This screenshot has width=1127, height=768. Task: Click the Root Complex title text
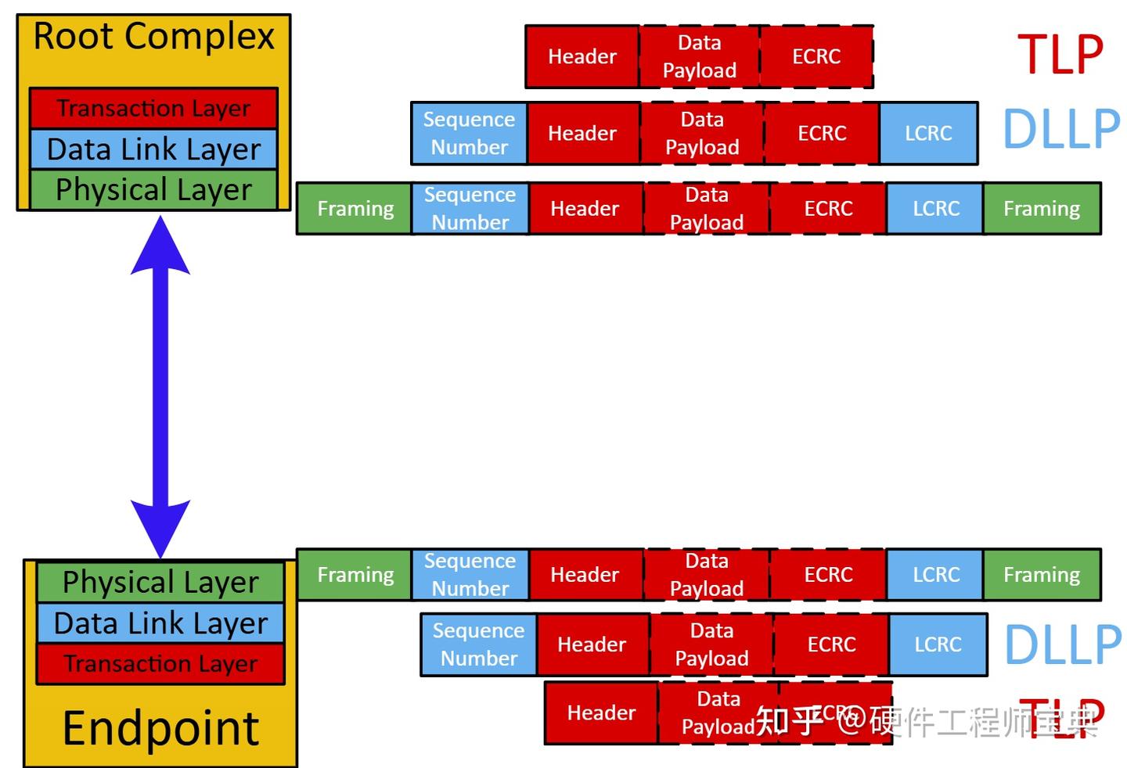[154, 37]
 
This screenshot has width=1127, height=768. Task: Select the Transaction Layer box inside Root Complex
[153, 108]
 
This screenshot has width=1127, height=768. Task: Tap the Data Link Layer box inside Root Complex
[153, 149]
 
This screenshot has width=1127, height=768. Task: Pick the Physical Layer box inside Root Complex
[153, 189]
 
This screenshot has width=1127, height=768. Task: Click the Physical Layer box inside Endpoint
[160, 582]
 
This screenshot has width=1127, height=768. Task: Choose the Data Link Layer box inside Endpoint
[160, 623]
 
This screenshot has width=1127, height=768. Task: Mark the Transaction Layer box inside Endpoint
[160, 664]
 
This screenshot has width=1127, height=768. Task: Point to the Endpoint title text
[160, 728]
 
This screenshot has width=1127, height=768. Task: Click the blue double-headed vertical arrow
[160, 387]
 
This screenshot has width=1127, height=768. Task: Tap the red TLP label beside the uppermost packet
[1060, 55]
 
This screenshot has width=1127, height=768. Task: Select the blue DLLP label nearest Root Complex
[1061, 129]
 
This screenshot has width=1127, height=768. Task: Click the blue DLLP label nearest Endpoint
[1062, 644]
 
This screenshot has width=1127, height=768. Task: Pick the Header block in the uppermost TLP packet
[582, 56]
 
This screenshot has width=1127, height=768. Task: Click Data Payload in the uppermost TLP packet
[699, 56]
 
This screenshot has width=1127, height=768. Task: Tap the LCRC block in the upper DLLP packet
[928, 133]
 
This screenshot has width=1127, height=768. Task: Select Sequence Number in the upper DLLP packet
[469, 133]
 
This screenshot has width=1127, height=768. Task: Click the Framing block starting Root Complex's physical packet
[355, 209]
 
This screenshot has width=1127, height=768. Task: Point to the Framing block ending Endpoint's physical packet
[1042, 575]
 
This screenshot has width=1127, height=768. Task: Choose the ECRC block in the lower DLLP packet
[831, 644]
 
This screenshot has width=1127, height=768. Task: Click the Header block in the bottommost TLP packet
[601, 712]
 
